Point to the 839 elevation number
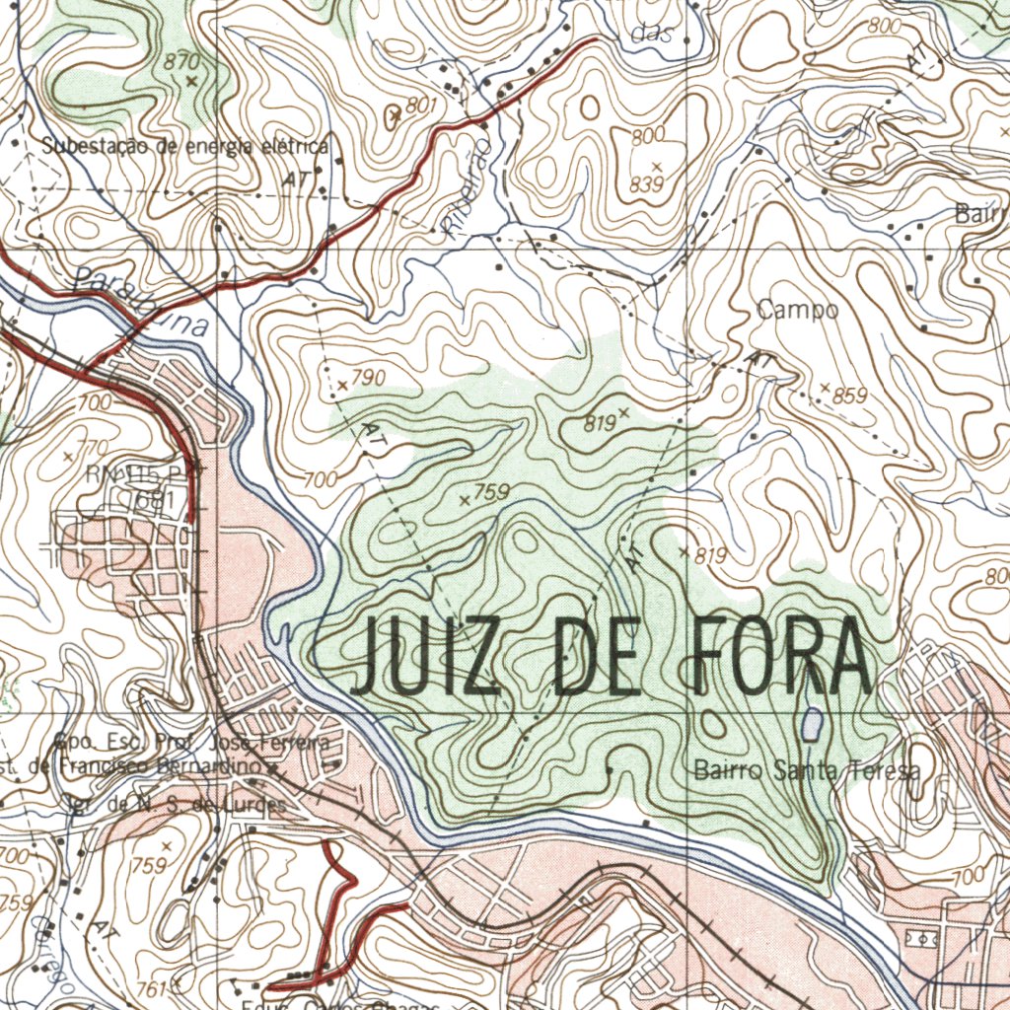(647, 184)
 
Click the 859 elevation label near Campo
(849, 397)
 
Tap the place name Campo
(798, 310)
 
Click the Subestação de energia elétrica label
(184, 146)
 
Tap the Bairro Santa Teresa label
(807, 770)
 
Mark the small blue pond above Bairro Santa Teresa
(811, 725)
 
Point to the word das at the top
(650, 34)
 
